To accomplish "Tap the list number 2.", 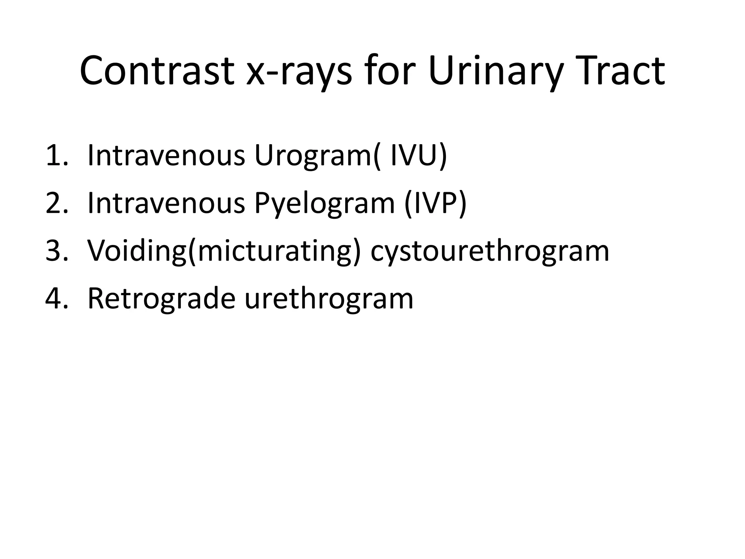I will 56,203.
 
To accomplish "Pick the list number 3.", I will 56,251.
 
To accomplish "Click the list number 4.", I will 56,298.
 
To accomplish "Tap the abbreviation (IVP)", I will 435,204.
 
